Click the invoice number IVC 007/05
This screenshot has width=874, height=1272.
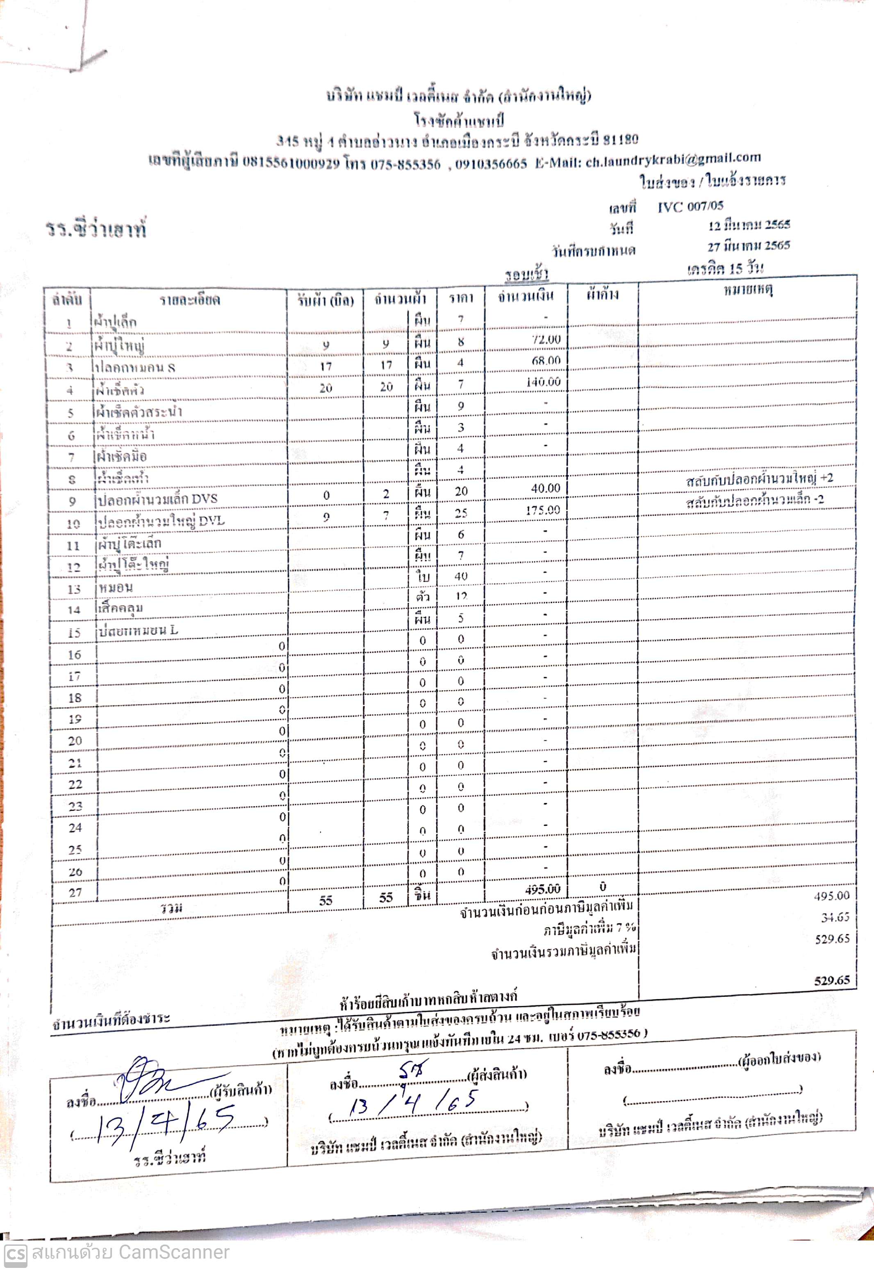pos(690,206)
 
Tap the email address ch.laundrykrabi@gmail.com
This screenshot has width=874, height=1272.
pos(673,159)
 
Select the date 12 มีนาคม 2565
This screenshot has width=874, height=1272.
pos(748,224)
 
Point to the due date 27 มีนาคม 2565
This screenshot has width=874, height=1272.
pos(748,246)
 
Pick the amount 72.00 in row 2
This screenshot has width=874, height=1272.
pos(546,339)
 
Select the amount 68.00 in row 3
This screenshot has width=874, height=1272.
pos(546,361)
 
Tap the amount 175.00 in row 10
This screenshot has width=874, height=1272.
pos(543,510)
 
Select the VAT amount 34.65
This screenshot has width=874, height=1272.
pos(835,917)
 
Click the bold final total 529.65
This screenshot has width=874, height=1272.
pos(832,980)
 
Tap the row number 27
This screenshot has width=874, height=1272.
pos(75,893)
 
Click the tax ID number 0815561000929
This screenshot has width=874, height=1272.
pos(291,163)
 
